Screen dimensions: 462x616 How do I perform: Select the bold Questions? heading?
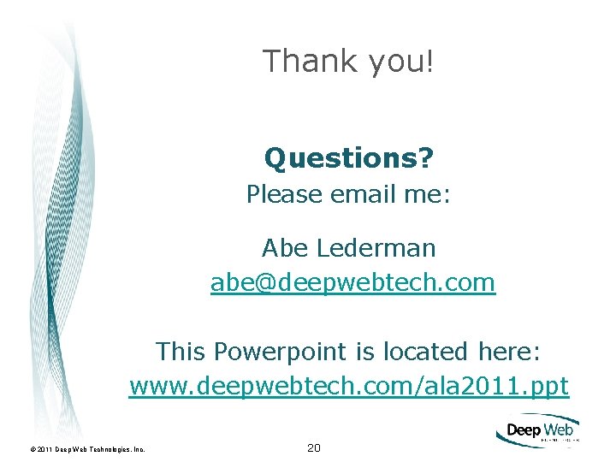pos(348,157)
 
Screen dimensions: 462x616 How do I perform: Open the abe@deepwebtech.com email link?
pos(352,282)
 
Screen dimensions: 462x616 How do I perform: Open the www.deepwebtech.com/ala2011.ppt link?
pos(348,386)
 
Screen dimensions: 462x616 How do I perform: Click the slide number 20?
pos(314,447)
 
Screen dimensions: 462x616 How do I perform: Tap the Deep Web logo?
pos(537,432)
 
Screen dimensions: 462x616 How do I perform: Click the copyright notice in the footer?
pos(86,448)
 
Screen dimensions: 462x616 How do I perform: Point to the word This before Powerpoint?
pos(181,352)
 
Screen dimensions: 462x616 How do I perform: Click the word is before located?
pos(364,352)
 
